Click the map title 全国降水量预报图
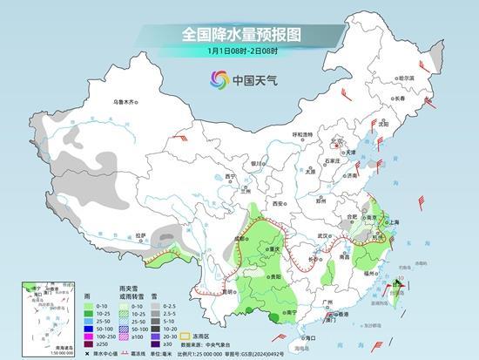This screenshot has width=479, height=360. click(239, 34)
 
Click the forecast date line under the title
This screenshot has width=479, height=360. click(239, 51)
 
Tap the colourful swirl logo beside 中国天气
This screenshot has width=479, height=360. click(217, 80)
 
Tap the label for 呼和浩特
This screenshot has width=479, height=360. click(302, 134)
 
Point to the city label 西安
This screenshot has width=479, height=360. click(279, 203)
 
